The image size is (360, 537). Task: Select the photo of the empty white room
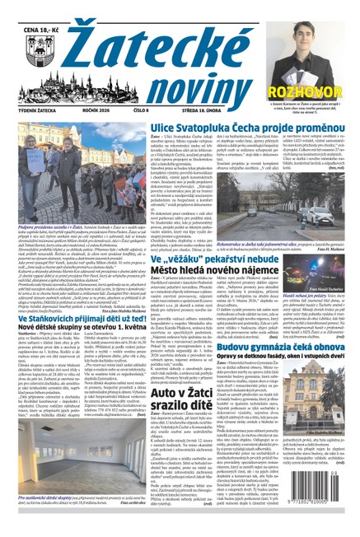click(61, 458)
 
